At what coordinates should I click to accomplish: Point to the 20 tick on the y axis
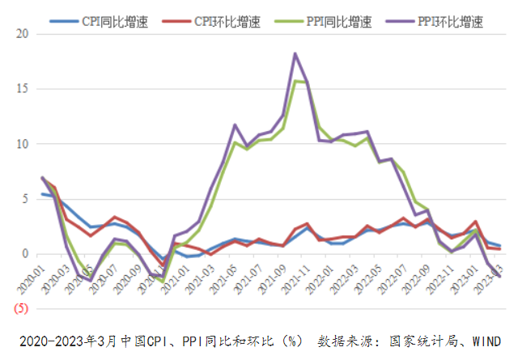[22, 34]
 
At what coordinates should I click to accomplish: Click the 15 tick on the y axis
[22, 89]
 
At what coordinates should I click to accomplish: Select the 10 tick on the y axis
[22, 144]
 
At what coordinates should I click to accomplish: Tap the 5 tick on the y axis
[25, 199]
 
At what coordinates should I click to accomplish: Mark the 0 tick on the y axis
[25, 254]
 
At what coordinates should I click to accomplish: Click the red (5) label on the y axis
[20, 309]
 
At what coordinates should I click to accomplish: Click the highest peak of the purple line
[295, 53]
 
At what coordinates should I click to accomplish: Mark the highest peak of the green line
[297, 81]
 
